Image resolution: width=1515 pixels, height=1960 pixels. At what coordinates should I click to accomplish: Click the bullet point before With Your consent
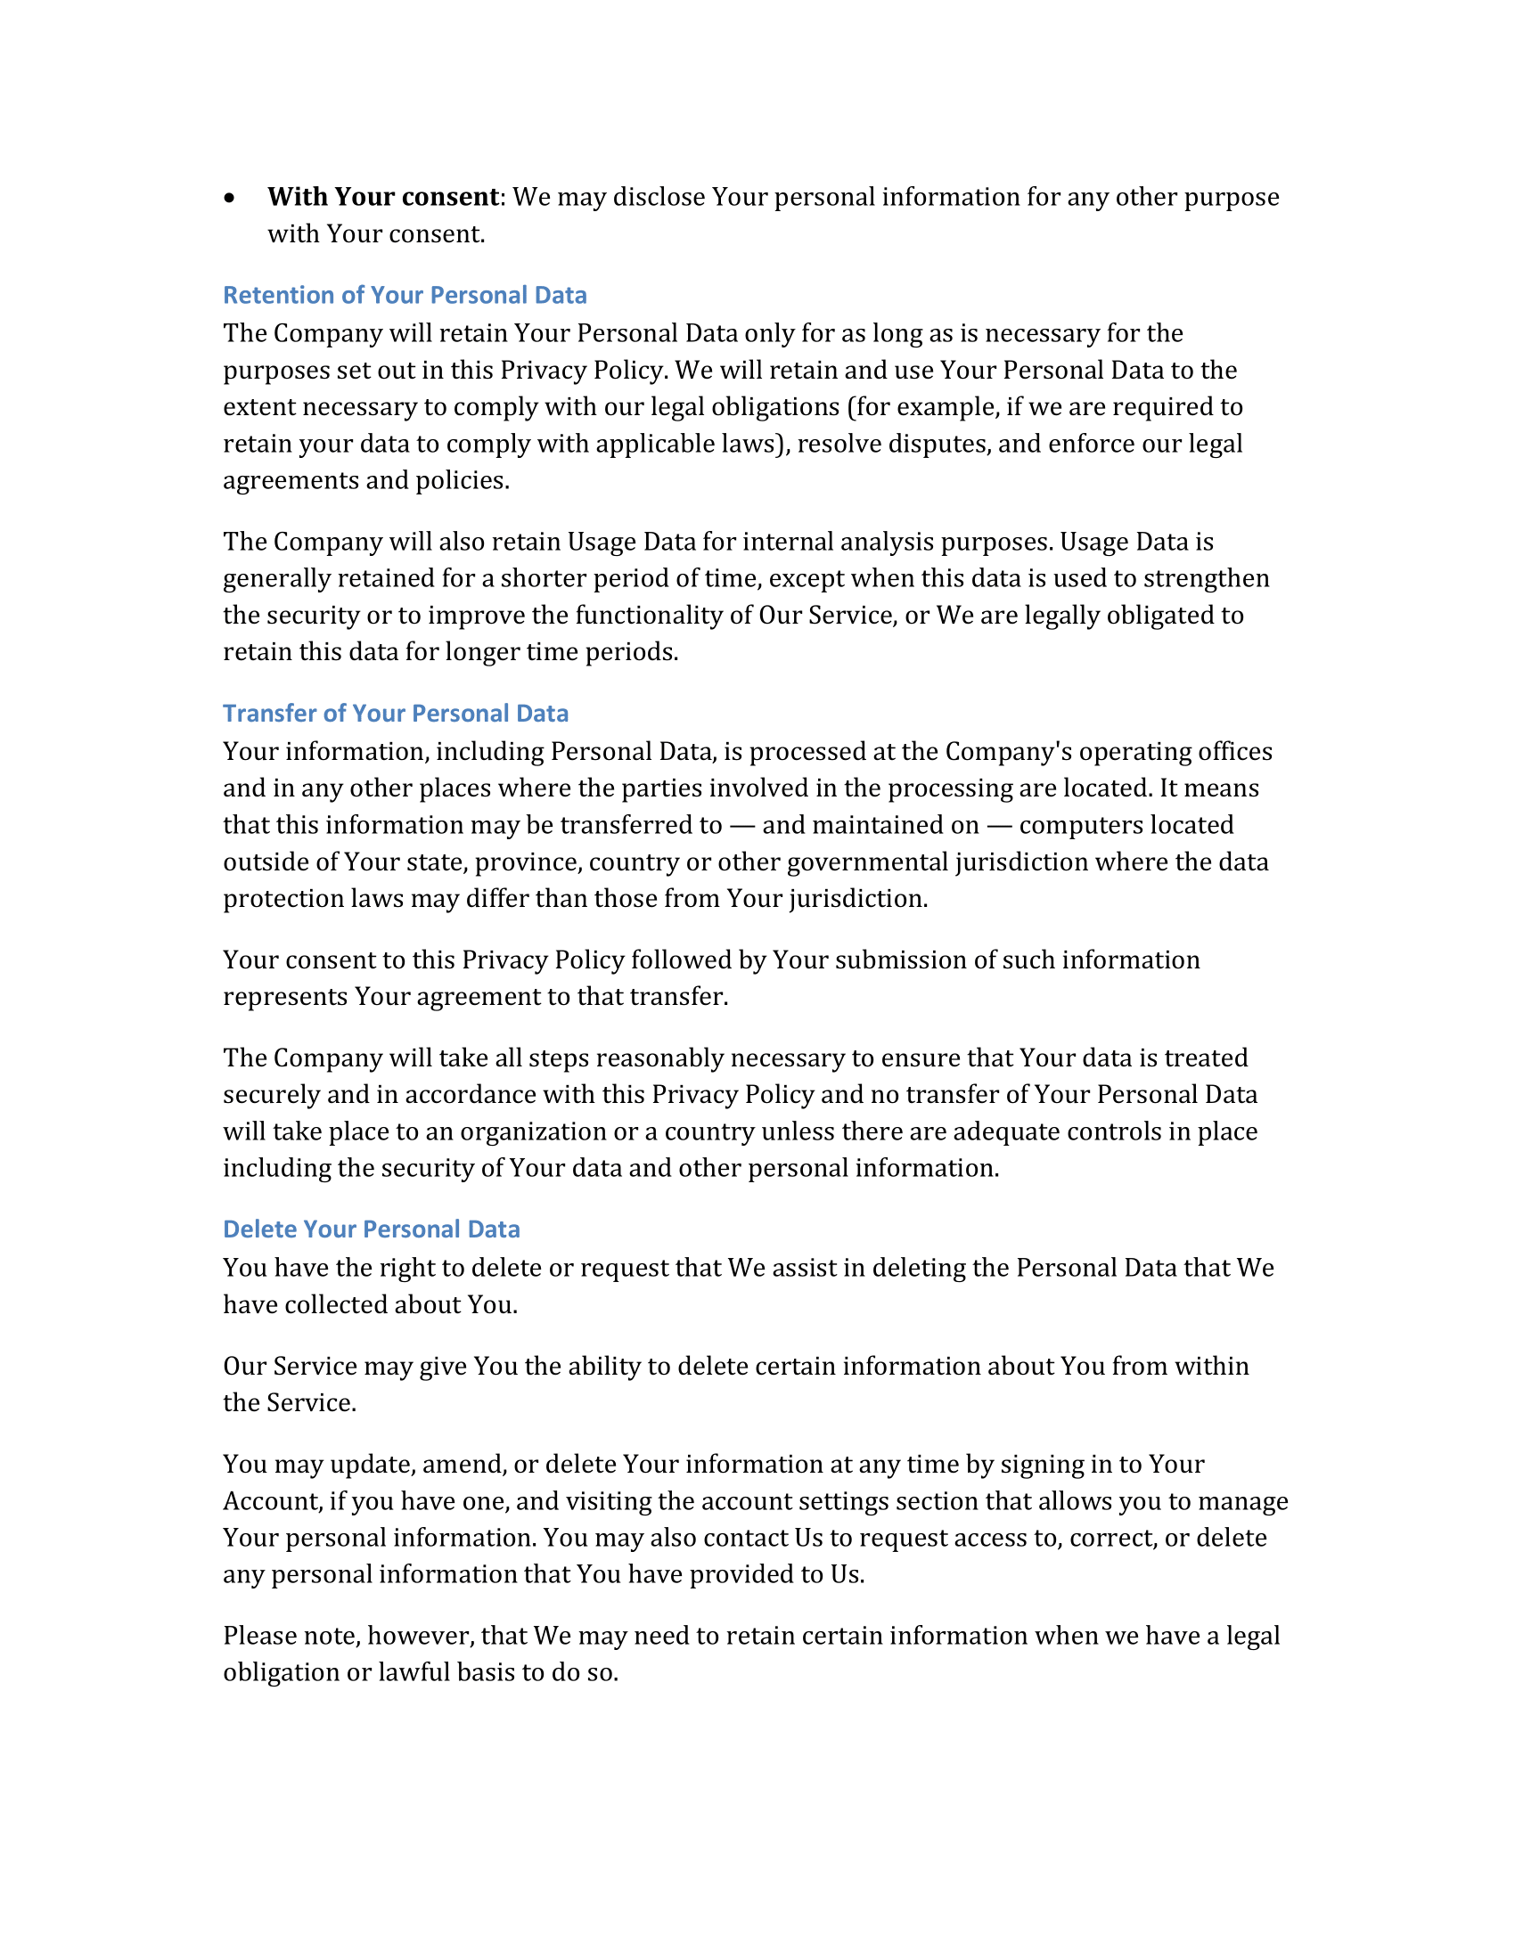(x=231, y=198)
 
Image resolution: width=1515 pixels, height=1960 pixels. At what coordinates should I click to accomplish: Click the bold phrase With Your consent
(x=383, y=197)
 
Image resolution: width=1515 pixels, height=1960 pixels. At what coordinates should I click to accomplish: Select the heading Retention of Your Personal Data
(x=405, y=295)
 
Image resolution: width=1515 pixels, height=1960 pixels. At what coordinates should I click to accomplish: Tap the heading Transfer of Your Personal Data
(x=396, y=714)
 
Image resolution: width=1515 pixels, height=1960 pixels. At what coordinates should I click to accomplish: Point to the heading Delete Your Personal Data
(x=372, y=1229)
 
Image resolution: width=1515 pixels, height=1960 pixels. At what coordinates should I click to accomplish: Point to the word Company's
(x=1009, y=752)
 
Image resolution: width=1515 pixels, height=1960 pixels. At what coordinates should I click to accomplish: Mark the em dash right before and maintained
(x=741, y=826)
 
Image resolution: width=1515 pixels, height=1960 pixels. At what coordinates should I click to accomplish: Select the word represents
(x=284, y=997)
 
